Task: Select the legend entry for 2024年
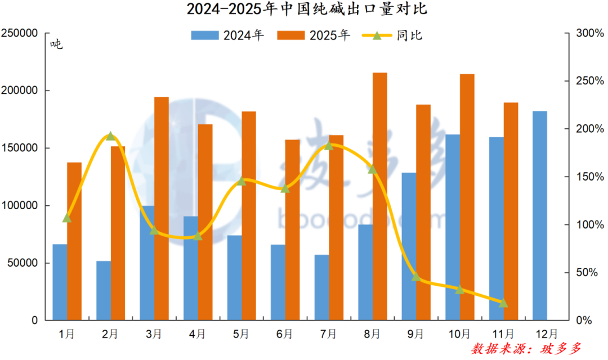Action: coord(228,35)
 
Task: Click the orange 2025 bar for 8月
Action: coord(380,196)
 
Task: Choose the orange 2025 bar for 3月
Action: coord(162,209)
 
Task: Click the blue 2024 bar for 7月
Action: coord(321,287)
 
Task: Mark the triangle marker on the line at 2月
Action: coord(110,136)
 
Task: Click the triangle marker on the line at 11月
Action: coord(503,303)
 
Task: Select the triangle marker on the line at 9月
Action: coord(416,277)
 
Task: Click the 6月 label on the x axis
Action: coord(285,334)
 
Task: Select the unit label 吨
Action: coord(56,44)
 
